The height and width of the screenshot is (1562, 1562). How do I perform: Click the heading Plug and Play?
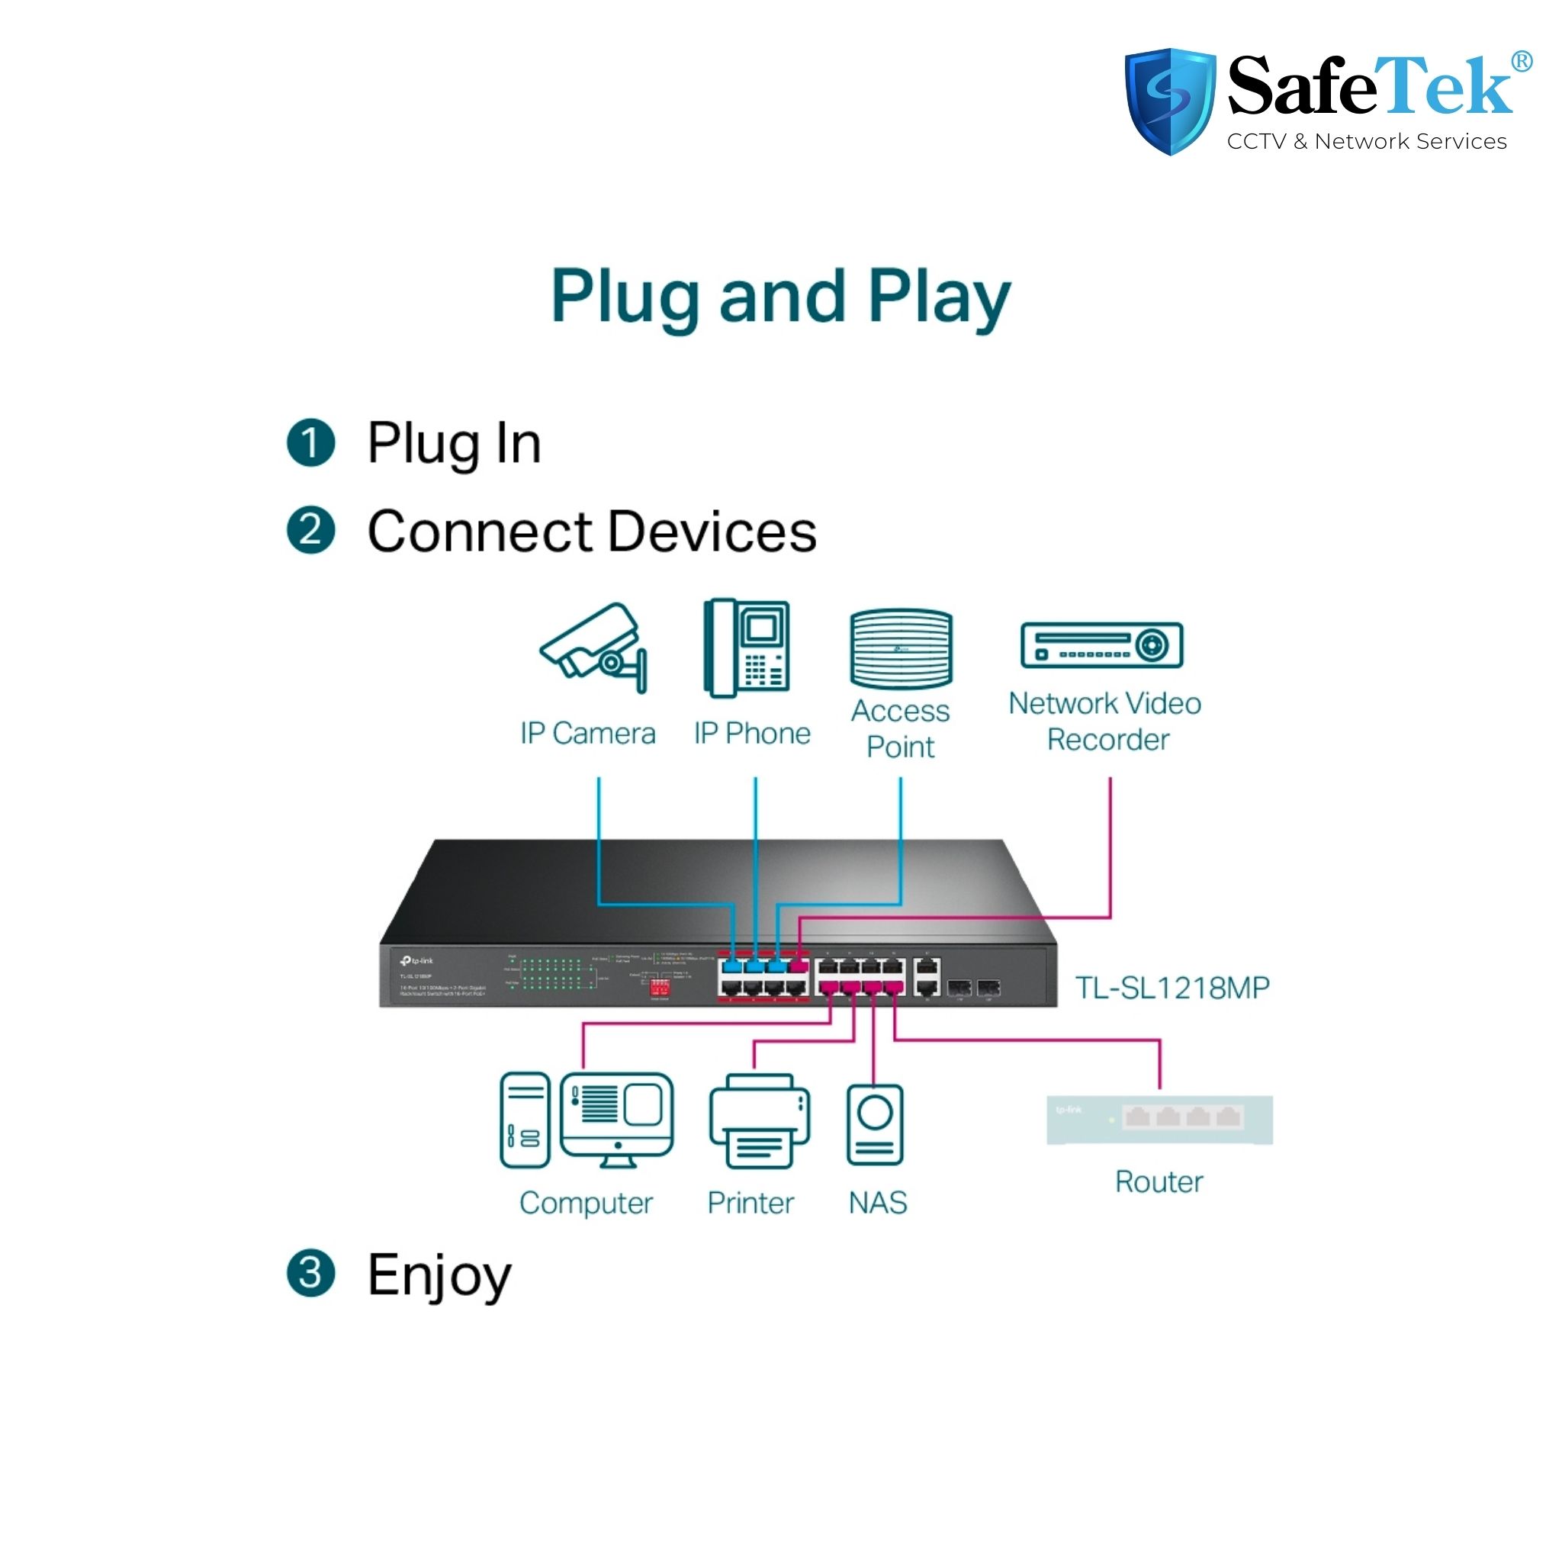pos(780,297)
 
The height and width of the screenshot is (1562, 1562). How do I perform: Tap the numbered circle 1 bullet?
pos(310,443)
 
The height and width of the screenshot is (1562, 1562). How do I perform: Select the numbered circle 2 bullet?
pos(310,530)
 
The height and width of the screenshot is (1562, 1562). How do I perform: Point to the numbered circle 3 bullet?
pos(310,1274)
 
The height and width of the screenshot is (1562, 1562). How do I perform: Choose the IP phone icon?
pos(747,648)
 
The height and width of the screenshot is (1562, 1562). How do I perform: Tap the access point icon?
pos(901,648)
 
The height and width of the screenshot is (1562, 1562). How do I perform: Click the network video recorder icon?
pos(1101,645)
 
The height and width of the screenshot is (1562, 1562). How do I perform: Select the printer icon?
pos(759,1121)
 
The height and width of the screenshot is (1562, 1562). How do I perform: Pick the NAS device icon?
pos(875,1125)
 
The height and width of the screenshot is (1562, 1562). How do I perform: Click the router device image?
pos(1159,1120)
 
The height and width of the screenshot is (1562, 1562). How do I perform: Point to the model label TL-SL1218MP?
pos(1172,987)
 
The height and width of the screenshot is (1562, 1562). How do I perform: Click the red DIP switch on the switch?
pos(660,988)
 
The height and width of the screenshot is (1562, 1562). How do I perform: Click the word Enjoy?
pos(439,1275)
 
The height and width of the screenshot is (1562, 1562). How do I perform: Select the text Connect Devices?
pos(592,532)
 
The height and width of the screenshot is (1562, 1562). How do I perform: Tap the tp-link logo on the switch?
pos(417,960)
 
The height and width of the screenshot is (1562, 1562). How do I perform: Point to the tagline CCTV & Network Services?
pos(1366,142)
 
